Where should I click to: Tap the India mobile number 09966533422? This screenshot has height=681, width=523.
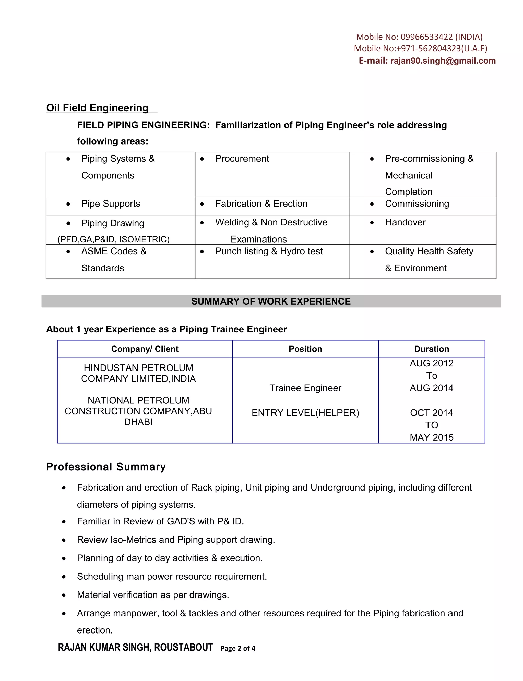pos(426,37)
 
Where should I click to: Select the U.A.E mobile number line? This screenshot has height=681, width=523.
pos(420,49)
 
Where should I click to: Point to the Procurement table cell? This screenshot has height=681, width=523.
pos(242,159)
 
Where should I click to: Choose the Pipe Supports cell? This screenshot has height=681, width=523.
pos(111,204)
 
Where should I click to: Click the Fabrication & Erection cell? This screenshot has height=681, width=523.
pos(261,204)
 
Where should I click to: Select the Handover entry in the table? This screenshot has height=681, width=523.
pos(405,222)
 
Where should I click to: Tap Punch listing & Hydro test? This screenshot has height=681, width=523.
pos(269,251)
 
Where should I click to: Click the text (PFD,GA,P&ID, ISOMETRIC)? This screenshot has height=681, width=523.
pos(113,239)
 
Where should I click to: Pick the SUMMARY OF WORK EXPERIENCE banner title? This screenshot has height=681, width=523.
pos(271,301)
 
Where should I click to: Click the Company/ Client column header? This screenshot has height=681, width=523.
pos(145,349)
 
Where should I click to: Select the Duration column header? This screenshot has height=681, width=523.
pos(432,349)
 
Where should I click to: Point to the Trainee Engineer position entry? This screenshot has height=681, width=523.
pos(305,388)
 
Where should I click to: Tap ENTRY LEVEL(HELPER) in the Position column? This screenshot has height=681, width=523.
pos(305,413)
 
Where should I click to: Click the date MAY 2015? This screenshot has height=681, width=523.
pos(432,437)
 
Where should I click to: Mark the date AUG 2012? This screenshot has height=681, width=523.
pos(432,363)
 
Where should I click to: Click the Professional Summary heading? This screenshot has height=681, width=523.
pos(106,467)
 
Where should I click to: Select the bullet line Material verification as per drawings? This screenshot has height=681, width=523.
pos(153,595)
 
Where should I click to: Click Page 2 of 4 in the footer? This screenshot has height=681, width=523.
pos(237,648)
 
